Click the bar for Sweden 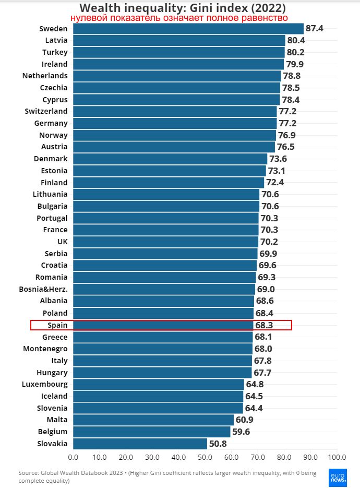pyautogui.click(x=188, y=29)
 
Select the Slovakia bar pyautogui.click(x=140, y=444)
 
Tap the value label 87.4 pyautogui.click(x=315, y=29)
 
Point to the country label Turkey pyautogui.click(x=55, y=52)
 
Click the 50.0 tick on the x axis pyautogui.click(x=205, y=458)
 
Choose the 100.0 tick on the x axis pyautogui.click(x=337, y=458)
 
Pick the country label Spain pyautogui.click(x=57, y=325)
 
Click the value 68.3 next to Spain pyautogui.click(x=263, y=325)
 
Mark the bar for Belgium pyautogui.click(x=151, y=432)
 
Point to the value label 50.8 pyautogui.click(x=218, y=444)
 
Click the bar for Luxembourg pyautogui.click(x=158, y=384)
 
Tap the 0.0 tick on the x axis pyautogui.click(x=73, y=458)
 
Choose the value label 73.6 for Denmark pyautogui.click(x=279, y=159)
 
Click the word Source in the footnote pyautogui.click(x=29, y=473)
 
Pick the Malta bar pyautogui.click(x=153, y=420)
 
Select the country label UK pyautogui.click(x=62, y=242)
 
